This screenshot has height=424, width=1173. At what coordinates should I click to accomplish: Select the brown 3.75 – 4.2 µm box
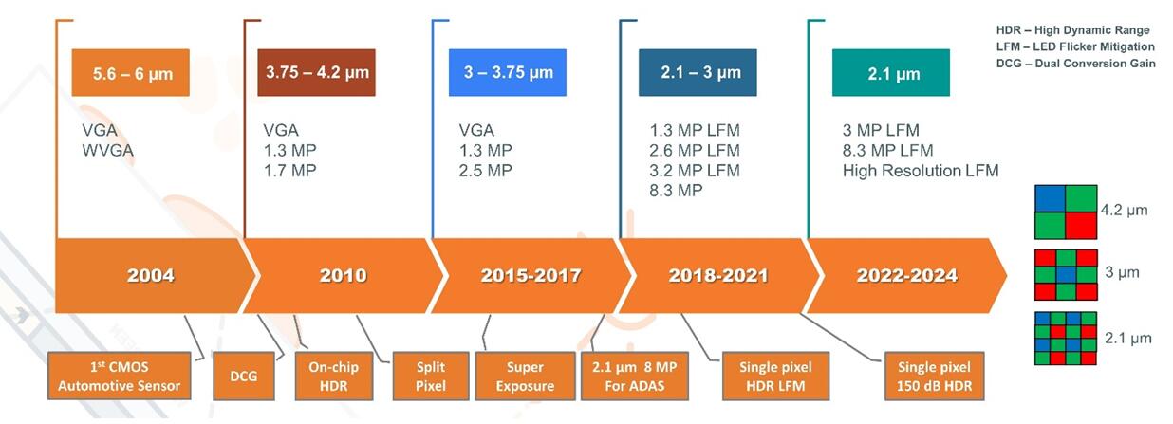coord(316,72)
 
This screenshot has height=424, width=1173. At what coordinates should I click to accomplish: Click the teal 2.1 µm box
coord(890,73)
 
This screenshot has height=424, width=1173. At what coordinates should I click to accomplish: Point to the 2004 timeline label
coord(151,275)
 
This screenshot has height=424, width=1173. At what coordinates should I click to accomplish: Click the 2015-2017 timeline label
coord(531,275)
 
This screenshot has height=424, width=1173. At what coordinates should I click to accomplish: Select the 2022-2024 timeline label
coord(906,275)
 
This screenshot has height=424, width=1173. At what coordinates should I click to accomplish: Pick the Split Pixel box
coord(431,377)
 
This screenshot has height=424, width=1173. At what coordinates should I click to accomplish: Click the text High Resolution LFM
coord(921,171)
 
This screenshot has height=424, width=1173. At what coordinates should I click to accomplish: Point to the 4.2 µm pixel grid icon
coord(1065,211)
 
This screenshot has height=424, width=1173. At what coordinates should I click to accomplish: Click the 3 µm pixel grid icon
coord(1065,273)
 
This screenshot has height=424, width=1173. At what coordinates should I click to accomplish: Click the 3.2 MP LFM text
coord(695,171)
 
